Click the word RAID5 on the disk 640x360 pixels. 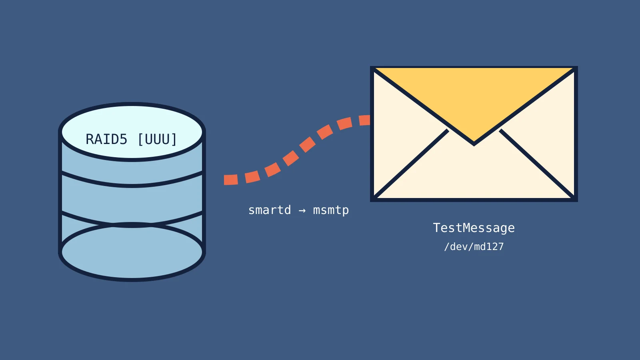point(106,140)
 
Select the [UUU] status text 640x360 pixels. point(157,140)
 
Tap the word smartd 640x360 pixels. point(270,210)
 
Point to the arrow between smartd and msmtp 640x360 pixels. point(302,210)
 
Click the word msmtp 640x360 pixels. point(331,210)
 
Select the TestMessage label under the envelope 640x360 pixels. point(474,228)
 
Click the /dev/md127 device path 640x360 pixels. point(474,246)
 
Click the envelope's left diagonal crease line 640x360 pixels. point(411,164)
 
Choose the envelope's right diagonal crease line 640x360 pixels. point(537,164)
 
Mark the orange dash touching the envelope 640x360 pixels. point(364,120)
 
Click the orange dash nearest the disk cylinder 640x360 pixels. point(231,180)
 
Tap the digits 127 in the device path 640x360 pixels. point(495,246)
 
